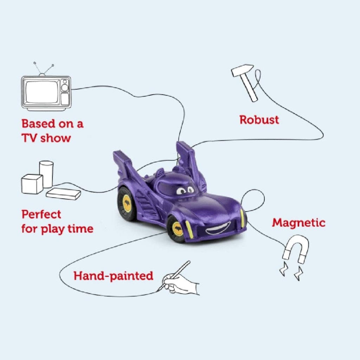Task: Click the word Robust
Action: (259, 120)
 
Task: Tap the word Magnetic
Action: (299, 223)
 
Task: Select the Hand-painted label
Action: (113, 276)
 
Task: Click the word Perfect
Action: (41, 214)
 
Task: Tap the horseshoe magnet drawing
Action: (294, 257)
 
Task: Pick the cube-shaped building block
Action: (32, 184)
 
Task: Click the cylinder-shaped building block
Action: (46, 174)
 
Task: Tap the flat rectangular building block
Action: (63, 194)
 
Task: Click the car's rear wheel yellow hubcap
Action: (127, 203)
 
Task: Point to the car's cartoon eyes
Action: (186, 190)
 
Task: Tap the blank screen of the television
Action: (41, 92)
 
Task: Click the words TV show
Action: (46, 138)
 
